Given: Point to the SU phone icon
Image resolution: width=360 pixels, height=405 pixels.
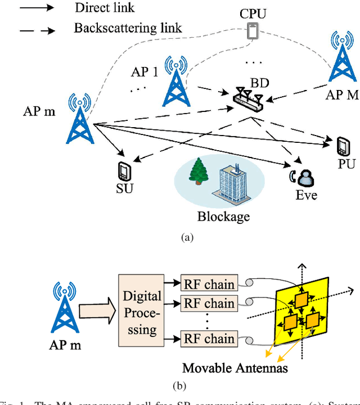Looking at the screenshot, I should [124, 170].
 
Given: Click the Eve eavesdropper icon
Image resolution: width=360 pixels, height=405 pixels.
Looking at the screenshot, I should [304, 179].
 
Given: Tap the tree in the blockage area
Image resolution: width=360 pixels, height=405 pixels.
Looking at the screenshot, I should [198, 172].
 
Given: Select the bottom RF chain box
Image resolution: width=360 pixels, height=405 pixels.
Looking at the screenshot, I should [208, 339].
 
